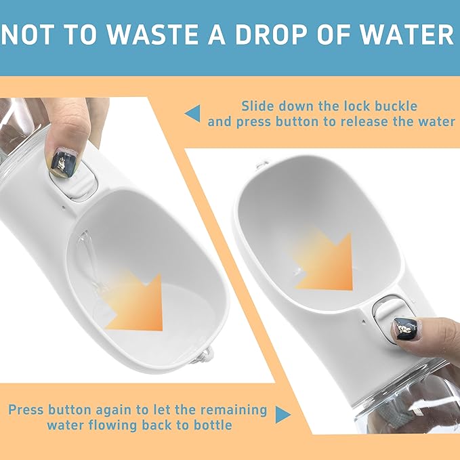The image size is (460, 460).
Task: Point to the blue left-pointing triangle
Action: [x=193, y=113]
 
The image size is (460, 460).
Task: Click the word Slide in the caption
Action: [x=258, y=106]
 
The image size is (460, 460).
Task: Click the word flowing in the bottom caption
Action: [x=110, y=426]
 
